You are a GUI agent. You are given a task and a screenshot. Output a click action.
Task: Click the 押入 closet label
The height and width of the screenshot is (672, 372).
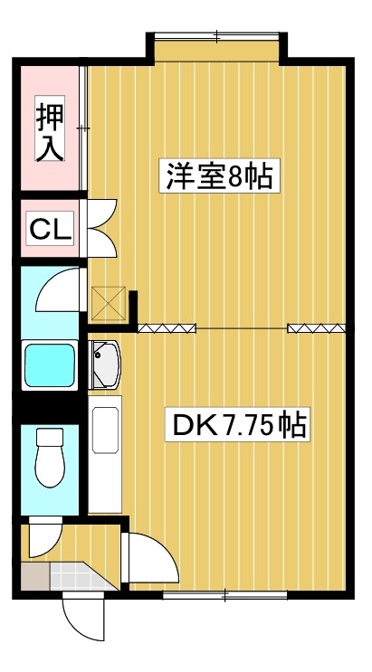pos(51,132)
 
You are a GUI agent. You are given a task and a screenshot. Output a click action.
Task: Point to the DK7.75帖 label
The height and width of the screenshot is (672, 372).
pos(237,424)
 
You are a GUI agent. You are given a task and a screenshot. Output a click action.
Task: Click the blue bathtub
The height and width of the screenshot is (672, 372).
pos(52,364)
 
